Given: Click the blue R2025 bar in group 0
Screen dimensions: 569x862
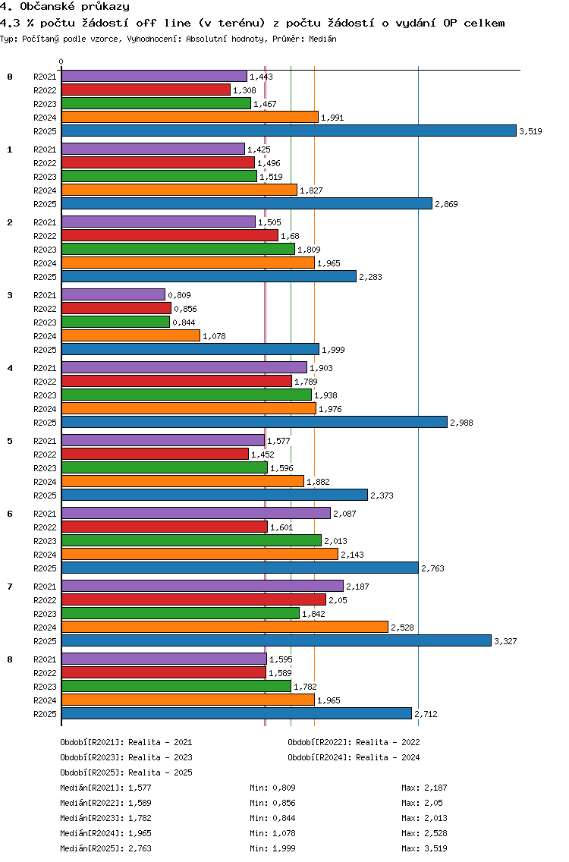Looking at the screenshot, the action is (x=289, y=131).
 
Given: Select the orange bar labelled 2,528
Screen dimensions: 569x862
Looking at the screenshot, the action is (x=225, y=628).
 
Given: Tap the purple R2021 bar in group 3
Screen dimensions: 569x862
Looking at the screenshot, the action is (x=113, y=294).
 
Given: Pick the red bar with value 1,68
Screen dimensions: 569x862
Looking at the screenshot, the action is (x=170, y=236).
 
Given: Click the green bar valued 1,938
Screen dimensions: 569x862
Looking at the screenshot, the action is (x=187, y=395).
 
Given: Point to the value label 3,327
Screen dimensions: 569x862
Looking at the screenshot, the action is (x=505, y=641).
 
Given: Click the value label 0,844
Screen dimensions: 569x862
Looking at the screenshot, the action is (x=184, y=322).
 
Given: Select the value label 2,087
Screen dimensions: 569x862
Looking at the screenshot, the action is (x=344, y=514).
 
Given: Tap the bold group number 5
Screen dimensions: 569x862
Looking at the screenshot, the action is (x=10, y=441).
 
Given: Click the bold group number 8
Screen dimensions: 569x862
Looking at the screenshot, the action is (x=10, y=659).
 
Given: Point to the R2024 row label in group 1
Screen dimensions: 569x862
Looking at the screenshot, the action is (x=45, y=190).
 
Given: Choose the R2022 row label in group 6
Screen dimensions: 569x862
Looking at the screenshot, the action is (x=45, y=528).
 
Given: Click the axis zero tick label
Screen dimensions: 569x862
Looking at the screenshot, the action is (x=61, y=61).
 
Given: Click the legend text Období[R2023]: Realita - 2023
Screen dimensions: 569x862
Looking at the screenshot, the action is (x=127, y=757).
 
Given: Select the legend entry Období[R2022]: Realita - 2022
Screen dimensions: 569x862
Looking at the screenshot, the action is (x=354, y=742).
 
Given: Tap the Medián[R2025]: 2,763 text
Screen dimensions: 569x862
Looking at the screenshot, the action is (x=105, y=848).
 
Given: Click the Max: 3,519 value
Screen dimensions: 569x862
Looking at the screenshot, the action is (x=424, y=848).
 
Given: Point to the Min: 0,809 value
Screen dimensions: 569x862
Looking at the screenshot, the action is (x=272, y=788).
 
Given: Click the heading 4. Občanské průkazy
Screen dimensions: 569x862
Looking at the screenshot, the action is (x=65, y=7).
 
